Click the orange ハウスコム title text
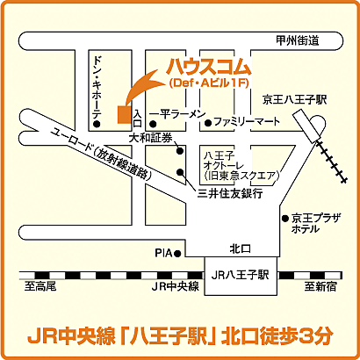pyautogui.click(x=207, y=67)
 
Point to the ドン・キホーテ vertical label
pyautogui.click(x=98, y=86)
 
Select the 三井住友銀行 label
pyautogui.click(x=230, y=192)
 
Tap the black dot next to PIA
pyautogui.click(x=178, y=253)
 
